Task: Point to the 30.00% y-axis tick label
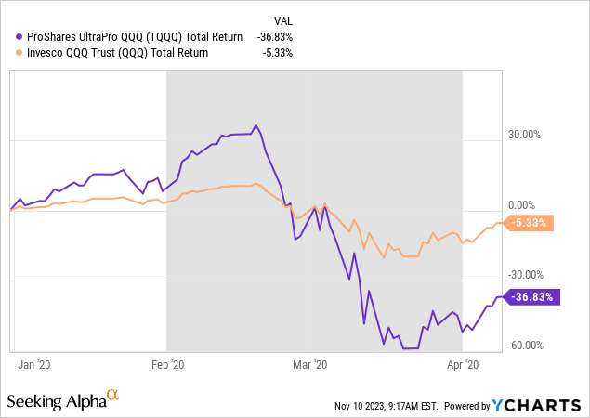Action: [522, 135]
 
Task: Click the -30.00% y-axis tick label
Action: [521, 275]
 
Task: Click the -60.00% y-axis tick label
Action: [521, 345]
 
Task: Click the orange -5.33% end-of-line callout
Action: [530, 223]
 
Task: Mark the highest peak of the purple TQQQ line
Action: [256, 125]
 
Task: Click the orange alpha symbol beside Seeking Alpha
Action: [112, 396]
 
